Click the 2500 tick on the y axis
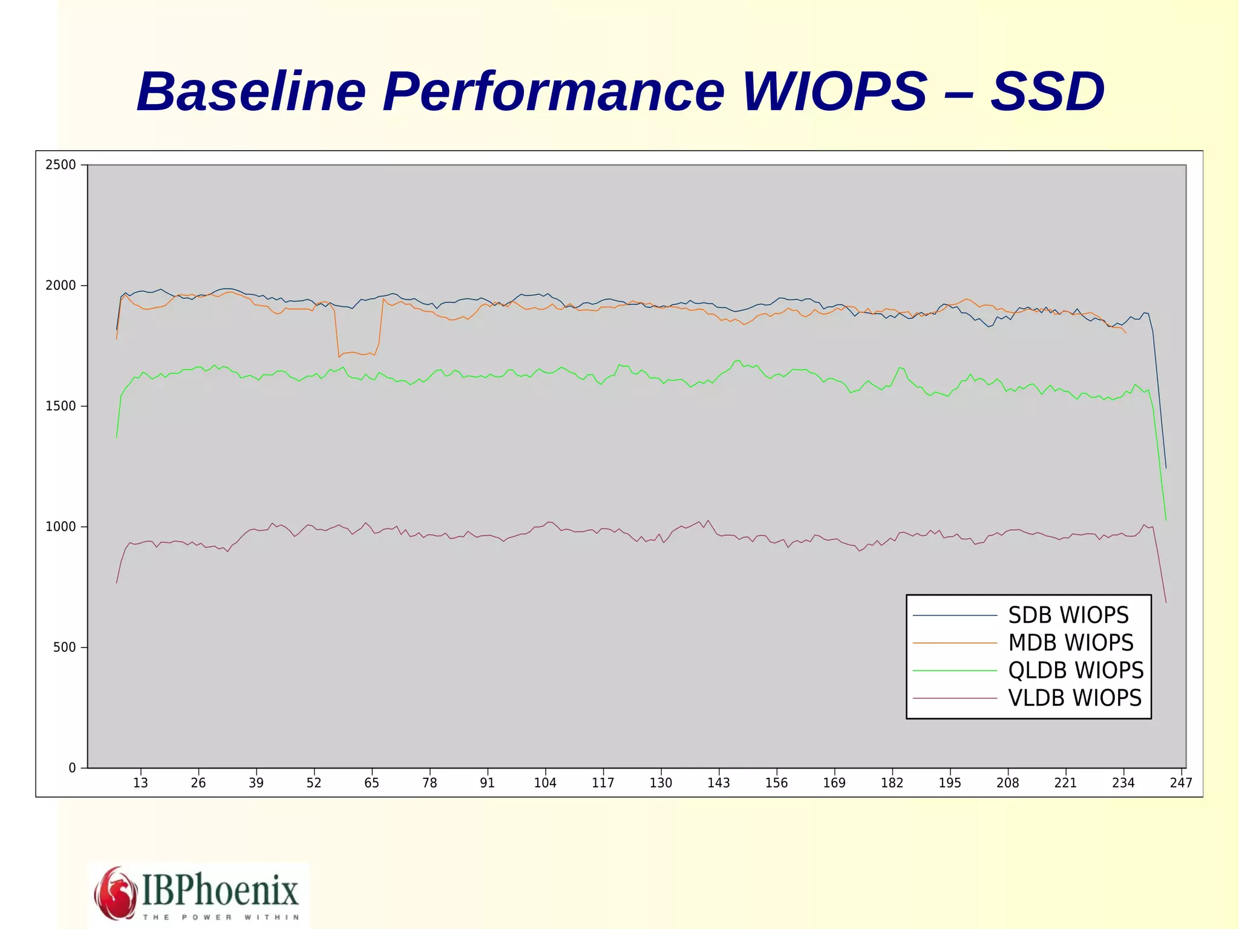(61, 165)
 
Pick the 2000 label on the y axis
(61, 285)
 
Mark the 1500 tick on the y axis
(61, 406)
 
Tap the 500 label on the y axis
(65, 648)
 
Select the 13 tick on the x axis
(140, 783)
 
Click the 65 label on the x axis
(371, 783)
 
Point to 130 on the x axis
(661, 783)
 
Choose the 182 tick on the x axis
(892, 783)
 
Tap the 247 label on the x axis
(1181, 783)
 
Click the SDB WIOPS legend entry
(1068, 616)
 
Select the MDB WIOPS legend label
(1070, 643)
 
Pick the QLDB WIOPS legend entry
(1076, 671)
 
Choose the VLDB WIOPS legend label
(1074, 698)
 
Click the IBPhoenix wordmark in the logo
(220, 890)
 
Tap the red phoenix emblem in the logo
(116, 893)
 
